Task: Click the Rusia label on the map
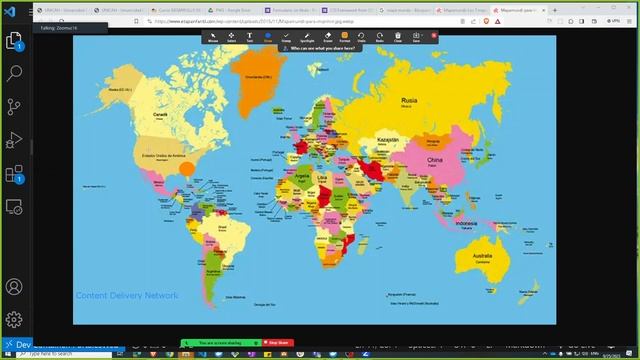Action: click(x=409, y=101)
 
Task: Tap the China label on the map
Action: click(x=434, y=159)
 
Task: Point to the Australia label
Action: click(x=481, y=257)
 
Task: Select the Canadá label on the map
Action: click(x=160, y=115)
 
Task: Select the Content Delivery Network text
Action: click(x=127, y=295)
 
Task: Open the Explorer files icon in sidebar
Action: click(x=14, y=41)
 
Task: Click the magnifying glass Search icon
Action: click(x=14, y=73)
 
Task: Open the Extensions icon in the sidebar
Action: click(x=14, y=174)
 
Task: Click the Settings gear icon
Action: click(x=14, y=320)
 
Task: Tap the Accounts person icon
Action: click(x=14, y=287)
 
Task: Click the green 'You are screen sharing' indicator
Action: click(x=219, y=343)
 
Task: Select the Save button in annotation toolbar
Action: click(x=415, y=39)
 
